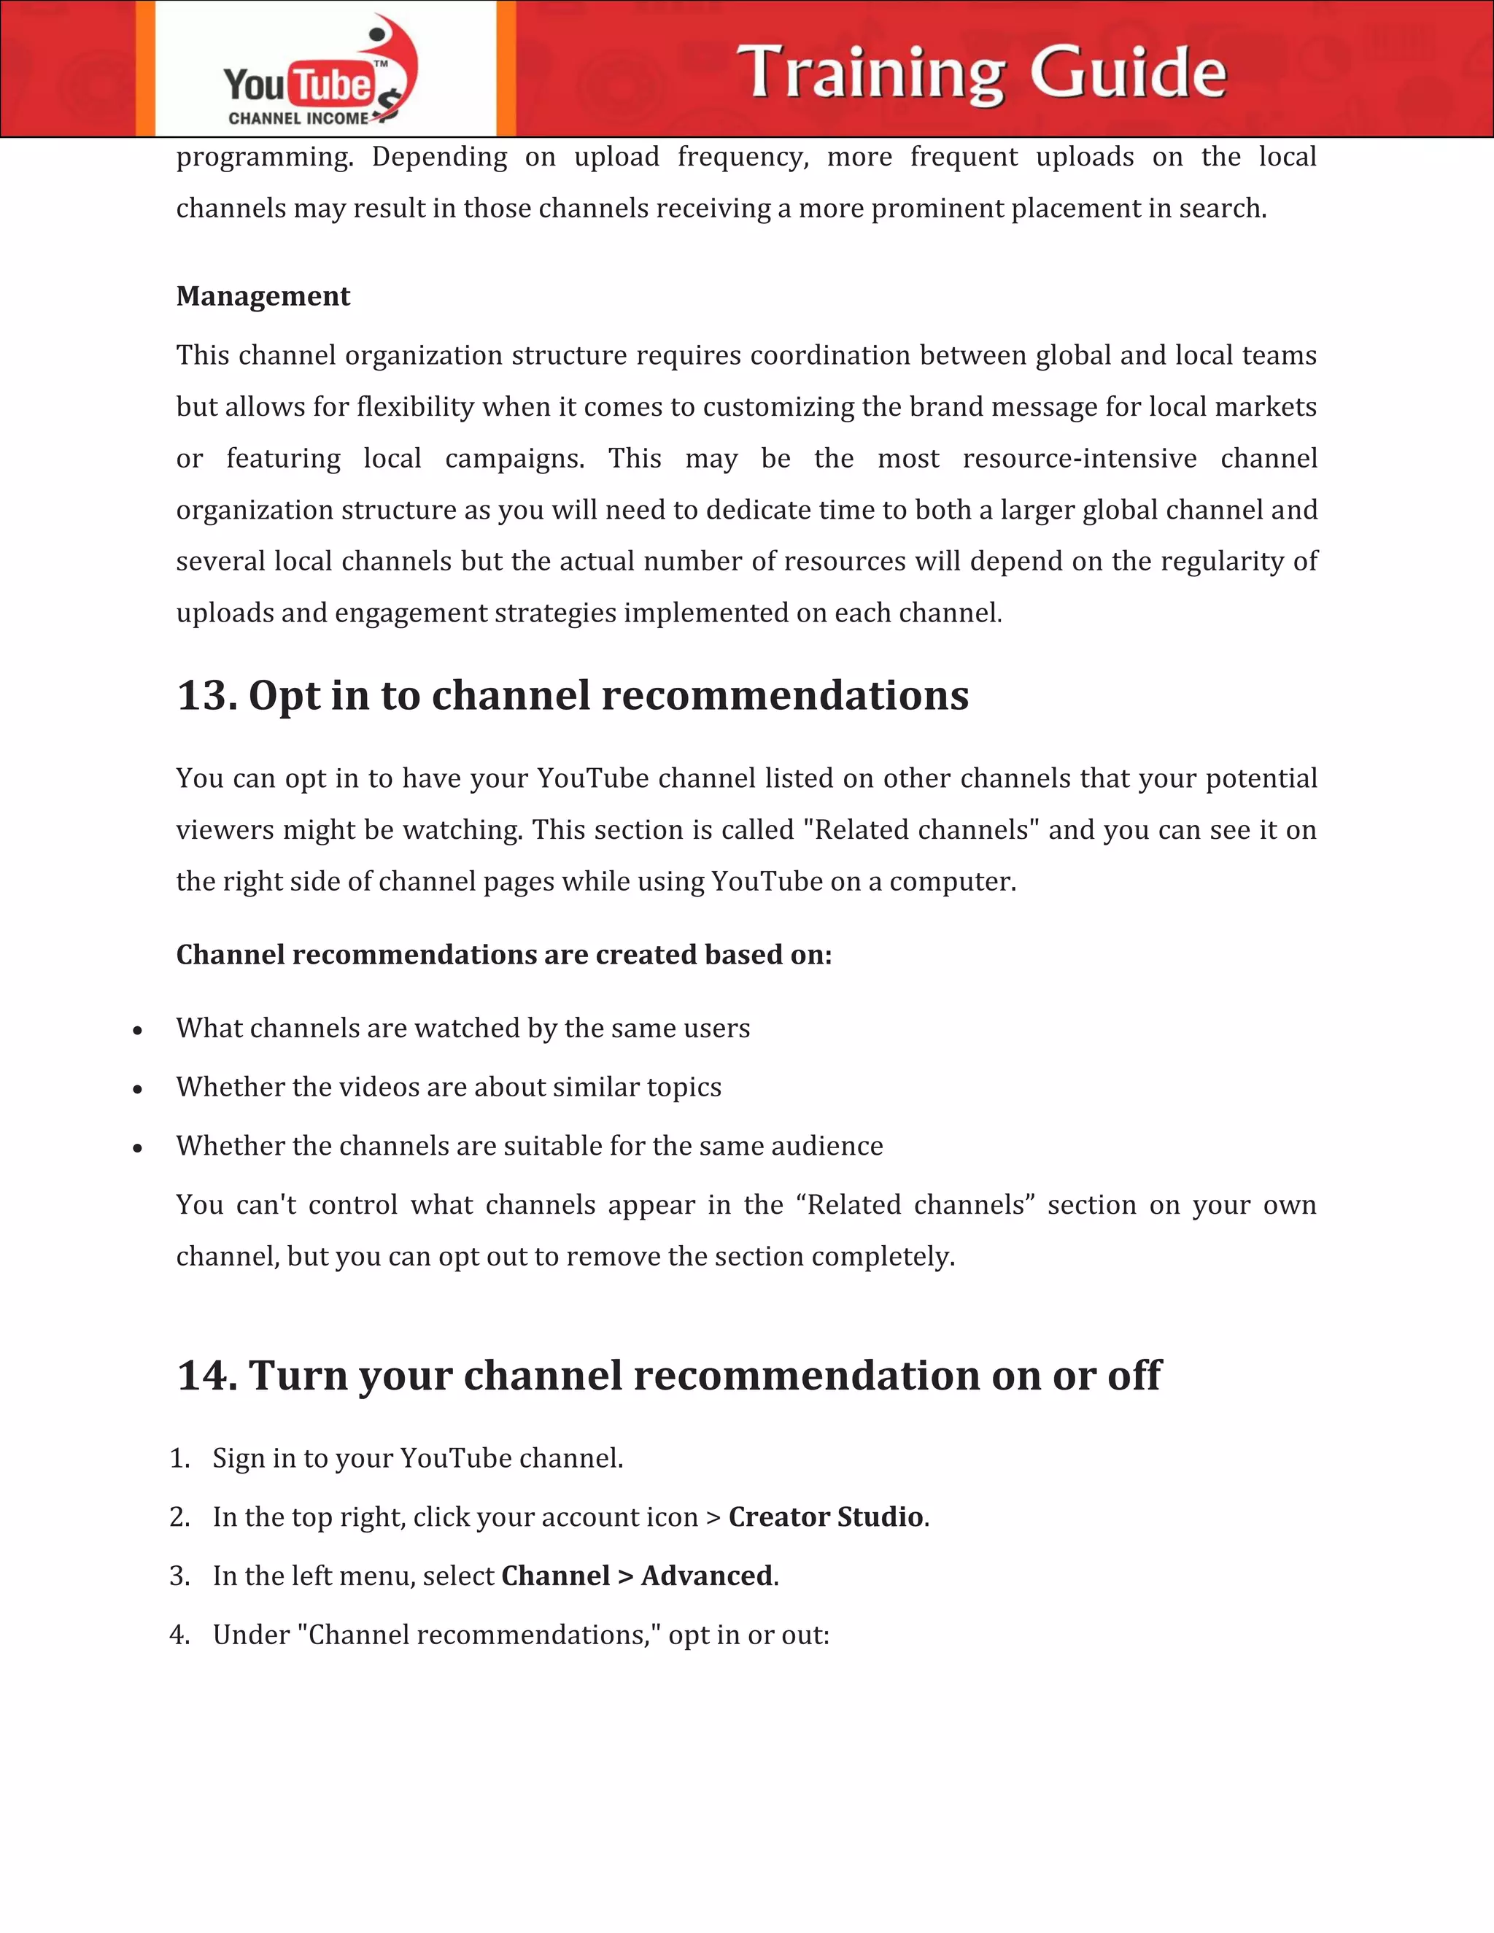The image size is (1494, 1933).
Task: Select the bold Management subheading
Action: [263, 296]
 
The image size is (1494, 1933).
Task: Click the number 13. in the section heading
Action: [206, 696]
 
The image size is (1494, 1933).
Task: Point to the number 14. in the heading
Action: [206, 1376]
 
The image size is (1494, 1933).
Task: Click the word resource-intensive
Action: [1079, 459]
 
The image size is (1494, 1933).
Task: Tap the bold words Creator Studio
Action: [826, 1517]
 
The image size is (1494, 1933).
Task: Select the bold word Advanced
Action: [707, 1576]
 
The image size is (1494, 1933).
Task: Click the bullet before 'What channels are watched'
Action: [137, 1030]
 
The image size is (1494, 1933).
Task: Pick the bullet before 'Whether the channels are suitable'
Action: [137, 1148]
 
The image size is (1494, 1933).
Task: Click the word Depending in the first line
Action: [439, 158]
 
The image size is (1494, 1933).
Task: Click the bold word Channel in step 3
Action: [555, 1576]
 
